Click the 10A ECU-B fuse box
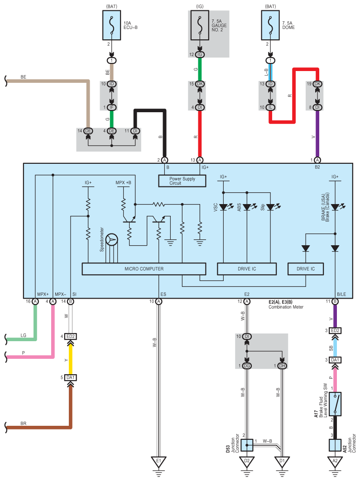[x=111, y=25]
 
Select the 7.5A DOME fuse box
[x=270, y=25]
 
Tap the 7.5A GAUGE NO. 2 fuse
[x=200, y=25]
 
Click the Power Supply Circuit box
[x=182, y=181]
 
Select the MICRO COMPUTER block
[x=144, y=269]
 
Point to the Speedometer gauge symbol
[x=112, y=239]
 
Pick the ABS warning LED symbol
[x=248, y=207]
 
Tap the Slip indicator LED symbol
[x=271, y=207]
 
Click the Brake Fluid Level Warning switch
[x=335, y=404]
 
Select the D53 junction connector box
[x=247, y=445]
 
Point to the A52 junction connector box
[x=335, y=445]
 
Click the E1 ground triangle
[x=158, y=462]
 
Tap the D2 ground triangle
[x=247, y=462]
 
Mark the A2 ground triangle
[x=335, y=462]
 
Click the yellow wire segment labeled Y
[x=71, y=359]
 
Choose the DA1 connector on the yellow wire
[x=71, y=377]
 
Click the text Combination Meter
[x=286, y=307]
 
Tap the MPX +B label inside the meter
[x=123, y=182]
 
